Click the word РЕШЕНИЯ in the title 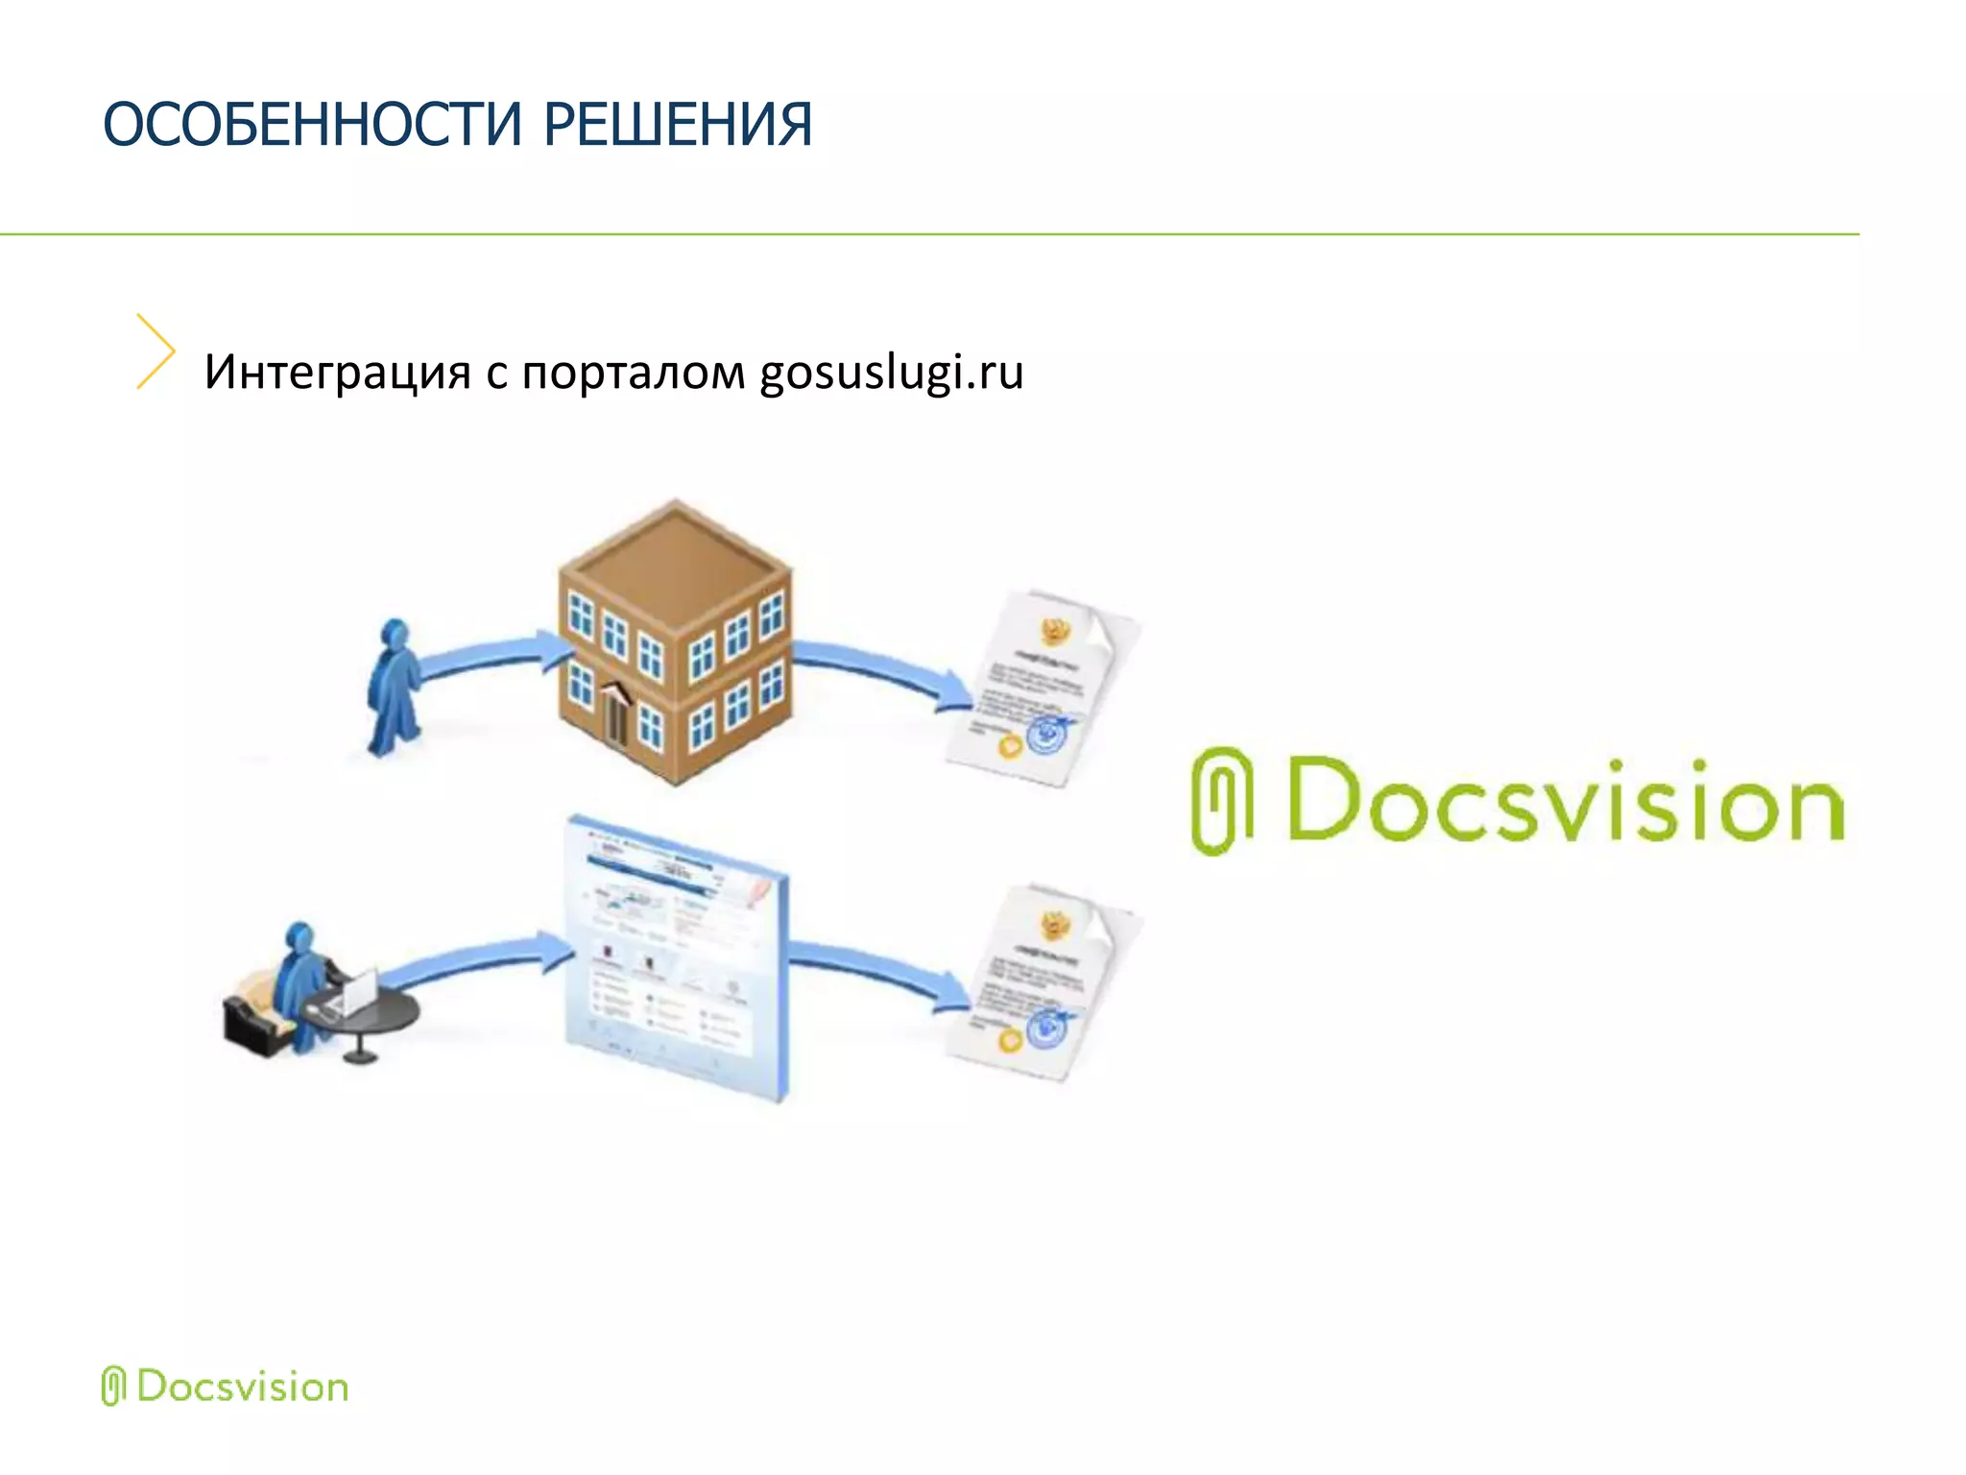(x=678, y=125)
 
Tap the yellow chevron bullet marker (x=156, y=351)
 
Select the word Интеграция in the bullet (x=337, y=372)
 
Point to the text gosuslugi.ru (x=892, y=374)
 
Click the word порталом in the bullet (x=634, y=374)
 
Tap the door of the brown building (x=615, y=714)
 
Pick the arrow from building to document (x=883, y=672)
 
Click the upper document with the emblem (x=1042, y=687)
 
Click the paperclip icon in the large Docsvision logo (x=1221, y=800)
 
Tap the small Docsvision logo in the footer (x=225, y=1387)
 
